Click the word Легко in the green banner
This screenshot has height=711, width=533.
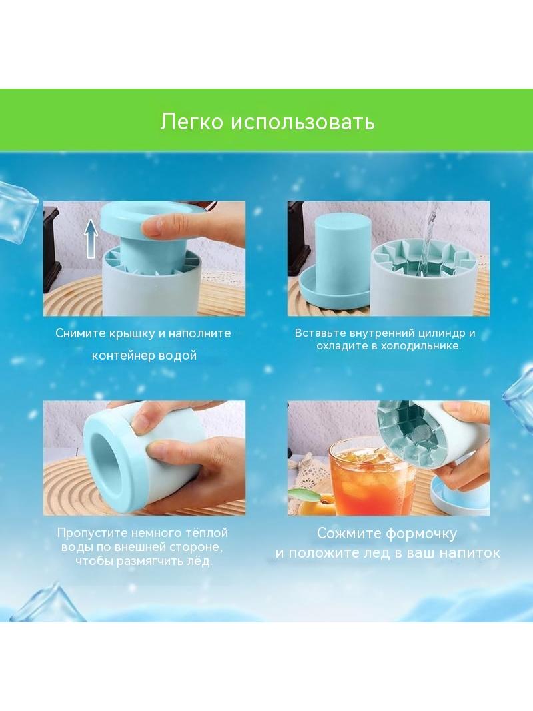click(192, 122)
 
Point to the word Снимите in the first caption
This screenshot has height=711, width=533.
click(81, 333)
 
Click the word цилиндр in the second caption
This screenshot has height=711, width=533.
click(436, 333)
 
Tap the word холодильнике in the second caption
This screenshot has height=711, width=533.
click(415, 346)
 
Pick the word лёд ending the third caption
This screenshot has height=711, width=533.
click(199, 561)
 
